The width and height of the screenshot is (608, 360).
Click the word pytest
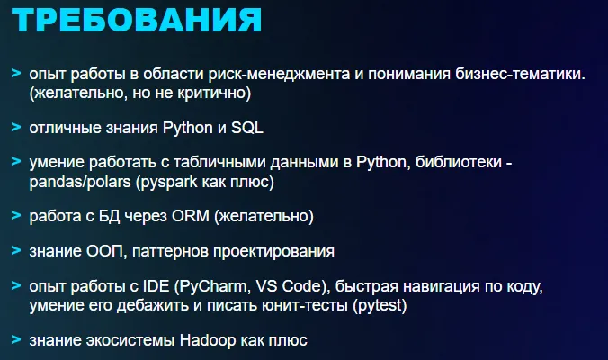[x=379, y=306]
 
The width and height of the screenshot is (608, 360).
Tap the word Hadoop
[x=211, y=340]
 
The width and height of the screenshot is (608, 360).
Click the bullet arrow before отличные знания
[x=16, y=126]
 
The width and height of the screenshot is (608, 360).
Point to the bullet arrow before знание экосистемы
[x=16, y=339]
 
